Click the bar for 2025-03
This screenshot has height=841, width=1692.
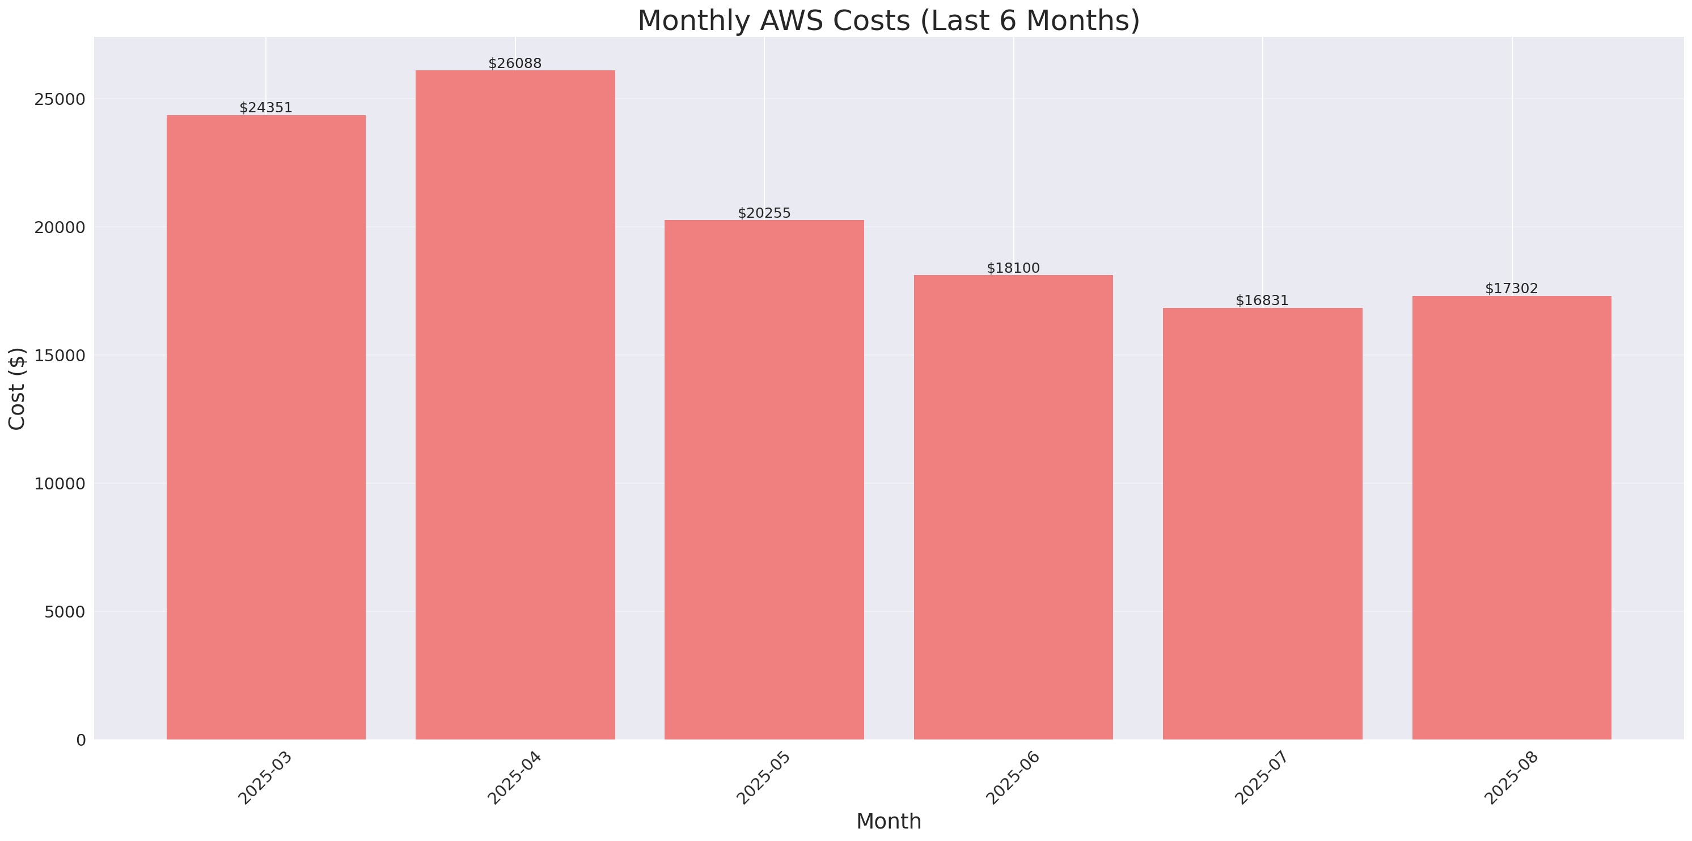click(266, 427)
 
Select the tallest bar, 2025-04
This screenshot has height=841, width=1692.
click(515, 405)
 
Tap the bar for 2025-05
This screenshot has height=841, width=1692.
click(764, 480)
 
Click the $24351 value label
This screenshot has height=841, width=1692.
click(266, 108)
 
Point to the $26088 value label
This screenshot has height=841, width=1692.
click(515, 64)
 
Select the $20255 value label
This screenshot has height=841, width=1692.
click(764, 213)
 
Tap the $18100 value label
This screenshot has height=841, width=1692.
click(1013, 268)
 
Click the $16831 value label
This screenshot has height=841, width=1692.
click(1262, 300)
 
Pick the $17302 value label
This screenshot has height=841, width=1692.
click(1511, 289)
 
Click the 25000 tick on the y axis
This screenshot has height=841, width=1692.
click(61, 99)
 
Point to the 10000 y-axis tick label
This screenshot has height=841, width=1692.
click(61, 484)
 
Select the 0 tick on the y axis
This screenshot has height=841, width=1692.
click(81, 741)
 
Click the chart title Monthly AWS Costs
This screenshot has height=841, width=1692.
click(888, 20)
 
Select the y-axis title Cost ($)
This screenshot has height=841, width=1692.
click(16, 388)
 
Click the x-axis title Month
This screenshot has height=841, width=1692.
click(888, 821)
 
